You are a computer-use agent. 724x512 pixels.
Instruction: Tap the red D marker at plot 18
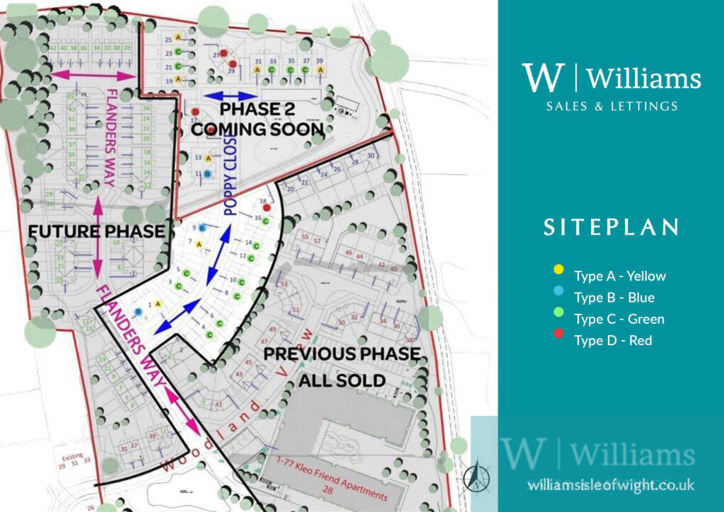tap(267, 207)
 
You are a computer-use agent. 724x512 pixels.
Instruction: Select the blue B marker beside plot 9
tap(202, 228)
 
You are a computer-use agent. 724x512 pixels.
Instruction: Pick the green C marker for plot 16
tap(265, 221)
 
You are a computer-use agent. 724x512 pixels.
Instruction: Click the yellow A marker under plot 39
tap(320, 70)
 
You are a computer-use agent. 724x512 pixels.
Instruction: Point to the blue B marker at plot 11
tap(207, 173)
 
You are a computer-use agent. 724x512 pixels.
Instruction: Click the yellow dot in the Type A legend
tap(559, 269)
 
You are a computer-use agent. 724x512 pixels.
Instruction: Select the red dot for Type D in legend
tap(559, 340)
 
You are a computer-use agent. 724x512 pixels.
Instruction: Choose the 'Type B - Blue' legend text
tap(614, 298)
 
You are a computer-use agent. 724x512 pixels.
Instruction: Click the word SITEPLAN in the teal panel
tap(612, 227)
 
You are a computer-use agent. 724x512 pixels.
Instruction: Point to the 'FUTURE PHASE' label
tap(97, 231)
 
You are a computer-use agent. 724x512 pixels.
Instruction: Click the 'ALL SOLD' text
tap(341, 380)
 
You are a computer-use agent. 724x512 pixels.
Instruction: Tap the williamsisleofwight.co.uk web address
tap(611, 485)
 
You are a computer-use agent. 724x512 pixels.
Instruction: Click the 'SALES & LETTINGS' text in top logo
tap(612, 106)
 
